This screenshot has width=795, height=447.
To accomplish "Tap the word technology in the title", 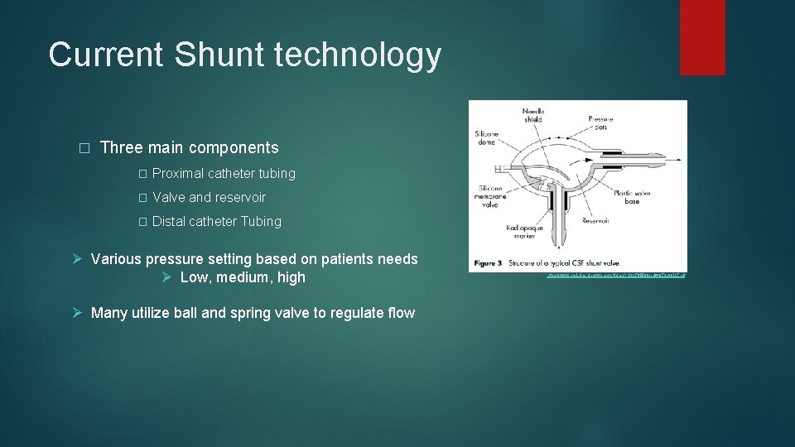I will click(359, 55).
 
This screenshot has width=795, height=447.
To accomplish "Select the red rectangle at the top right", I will click(701, 37).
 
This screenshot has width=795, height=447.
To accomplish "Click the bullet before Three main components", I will click(82, 148).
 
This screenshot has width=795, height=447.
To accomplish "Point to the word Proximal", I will click(178, 174).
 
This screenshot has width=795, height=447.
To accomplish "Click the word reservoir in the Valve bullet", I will click(240, 198).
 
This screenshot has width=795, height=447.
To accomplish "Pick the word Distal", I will click(169, 222).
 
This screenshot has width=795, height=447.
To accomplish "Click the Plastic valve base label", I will click(632, 197).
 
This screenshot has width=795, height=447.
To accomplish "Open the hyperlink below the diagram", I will click(615, 274).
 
